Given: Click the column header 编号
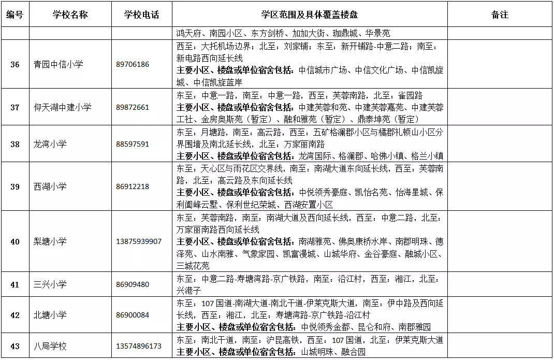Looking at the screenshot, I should tap(15, 15).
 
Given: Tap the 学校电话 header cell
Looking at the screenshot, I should tap(142, 15).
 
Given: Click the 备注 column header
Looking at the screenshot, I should tap(500, 15).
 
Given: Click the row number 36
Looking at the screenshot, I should tap(15, 65).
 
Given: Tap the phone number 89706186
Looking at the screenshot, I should tap(133, 65).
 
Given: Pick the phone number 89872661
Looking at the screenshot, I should tap(133, 107).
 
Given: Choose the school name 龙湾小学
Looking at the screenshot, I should tap(50, 144).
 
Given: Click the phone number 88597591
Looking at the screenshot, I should tap(133, 144).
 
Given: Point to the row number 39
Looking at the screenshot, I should tap(15, 186).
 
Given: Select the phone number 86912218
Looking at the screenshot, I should tap(133, 186).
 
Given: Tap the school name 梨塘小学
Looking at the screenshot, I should tap(50, 241).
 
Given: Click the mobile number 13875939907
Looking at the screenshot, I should tap(139, 241).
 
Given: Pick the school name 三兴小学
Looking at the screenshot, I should tap(50, 284).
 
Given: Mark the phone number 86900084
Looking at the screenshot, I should tap(133, 315).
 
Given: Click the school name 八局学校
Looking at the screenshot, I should tap(50, 346).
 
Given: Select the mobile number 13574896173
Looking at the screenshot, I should tap(139, 346).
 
